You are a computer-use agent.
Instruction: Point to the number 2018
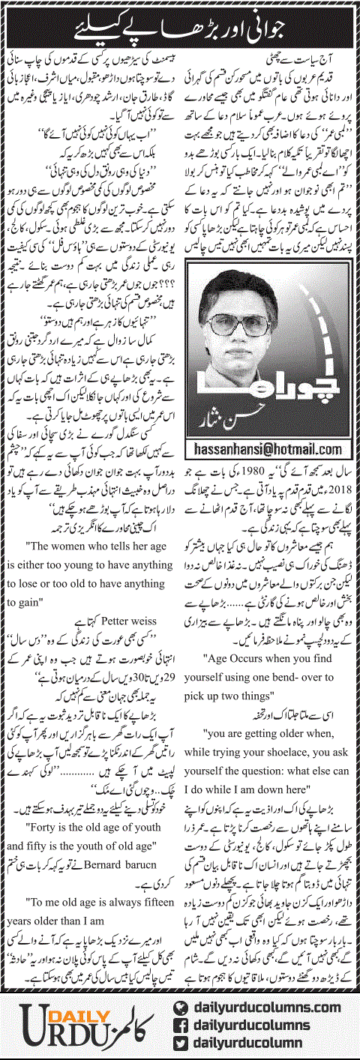pyautogui.click(x=343, y=484)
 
